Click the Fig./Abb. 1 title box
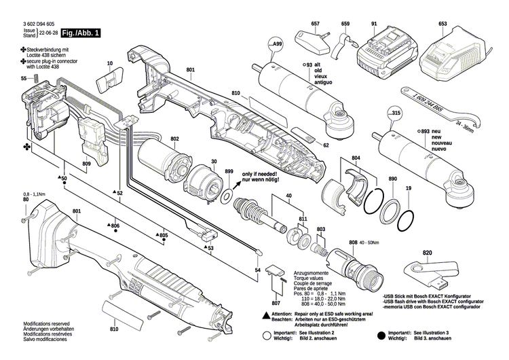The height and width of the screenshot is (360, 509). click(81, 33)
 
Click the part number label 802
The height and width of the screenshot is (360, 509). click(174, 139)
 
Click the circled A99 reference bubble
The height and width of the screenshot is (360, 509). click(276, 46)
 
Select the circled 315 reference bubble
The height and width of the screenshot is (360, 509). click(395, 113)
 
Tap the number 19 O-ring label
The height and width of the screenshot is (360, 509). click(408, 187)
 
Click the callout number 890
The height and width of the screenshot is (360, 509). click(392, 179)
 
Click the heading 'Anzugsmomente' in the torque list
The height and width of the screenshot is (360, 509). click(309, 273)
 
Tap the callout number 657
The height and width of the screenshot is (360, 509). click(315, 24)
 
